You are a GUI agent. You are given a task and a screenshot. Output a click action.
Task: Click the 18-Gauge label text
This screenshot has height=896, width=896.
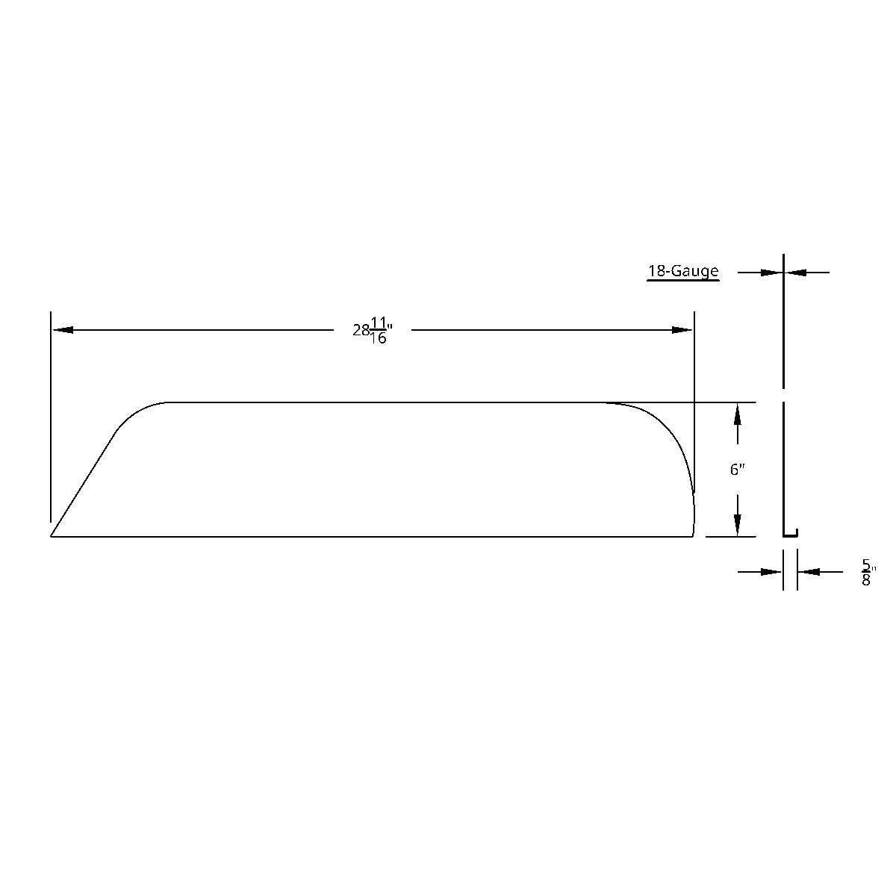click(682, 271)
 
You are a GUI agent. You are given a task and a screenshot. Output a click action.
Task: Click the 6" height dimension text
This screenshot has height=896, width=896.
click(738, 470)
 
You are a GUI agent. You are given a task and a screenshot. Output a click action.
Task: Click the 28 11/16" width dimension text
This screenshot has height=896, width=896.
click(373, 330)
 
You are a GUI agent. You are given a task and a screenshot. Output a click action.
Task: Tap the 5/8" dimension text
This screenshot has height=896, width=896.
click(867, 572)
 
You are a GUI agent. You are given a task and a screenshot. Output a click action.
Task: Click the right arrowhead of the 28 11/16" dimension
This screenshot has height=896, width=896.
click(682, 329)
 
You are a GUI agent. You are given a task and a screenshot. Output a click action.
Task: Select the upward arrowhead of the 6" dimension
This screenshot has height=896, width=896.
click(738, 414)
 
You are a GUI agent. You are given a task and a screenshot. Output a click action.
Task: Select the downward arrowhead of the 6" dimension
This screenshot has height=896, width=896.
click(738, 526)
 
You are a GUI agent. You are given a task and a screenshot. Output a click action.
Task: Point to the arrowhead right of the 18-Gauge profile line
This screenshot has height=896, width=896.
click(796, 273)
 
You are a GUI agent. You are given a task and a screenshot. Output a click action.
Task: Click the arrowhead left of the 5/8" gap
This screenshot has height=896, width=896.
click(771, 572)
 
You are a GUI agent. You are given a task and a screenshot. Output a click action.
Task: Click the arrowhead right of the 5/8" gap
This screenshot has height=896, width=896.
click(809, 572)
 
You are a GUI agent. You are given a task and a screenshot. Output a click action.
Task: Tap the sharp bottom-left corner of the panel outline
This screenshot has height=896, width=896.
click(52, 535)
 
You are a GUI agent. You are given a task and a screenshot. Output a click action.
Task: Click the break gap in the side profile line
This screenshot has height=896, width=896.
click(783, 395)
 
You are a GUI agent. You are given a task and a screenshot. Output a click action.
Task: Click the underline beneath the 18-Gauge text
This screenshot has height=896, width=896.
click(682, 280)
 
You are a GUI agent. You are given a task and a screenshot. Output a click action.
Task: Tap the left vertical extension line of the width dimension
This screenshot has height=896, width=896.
click(51, 418)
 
